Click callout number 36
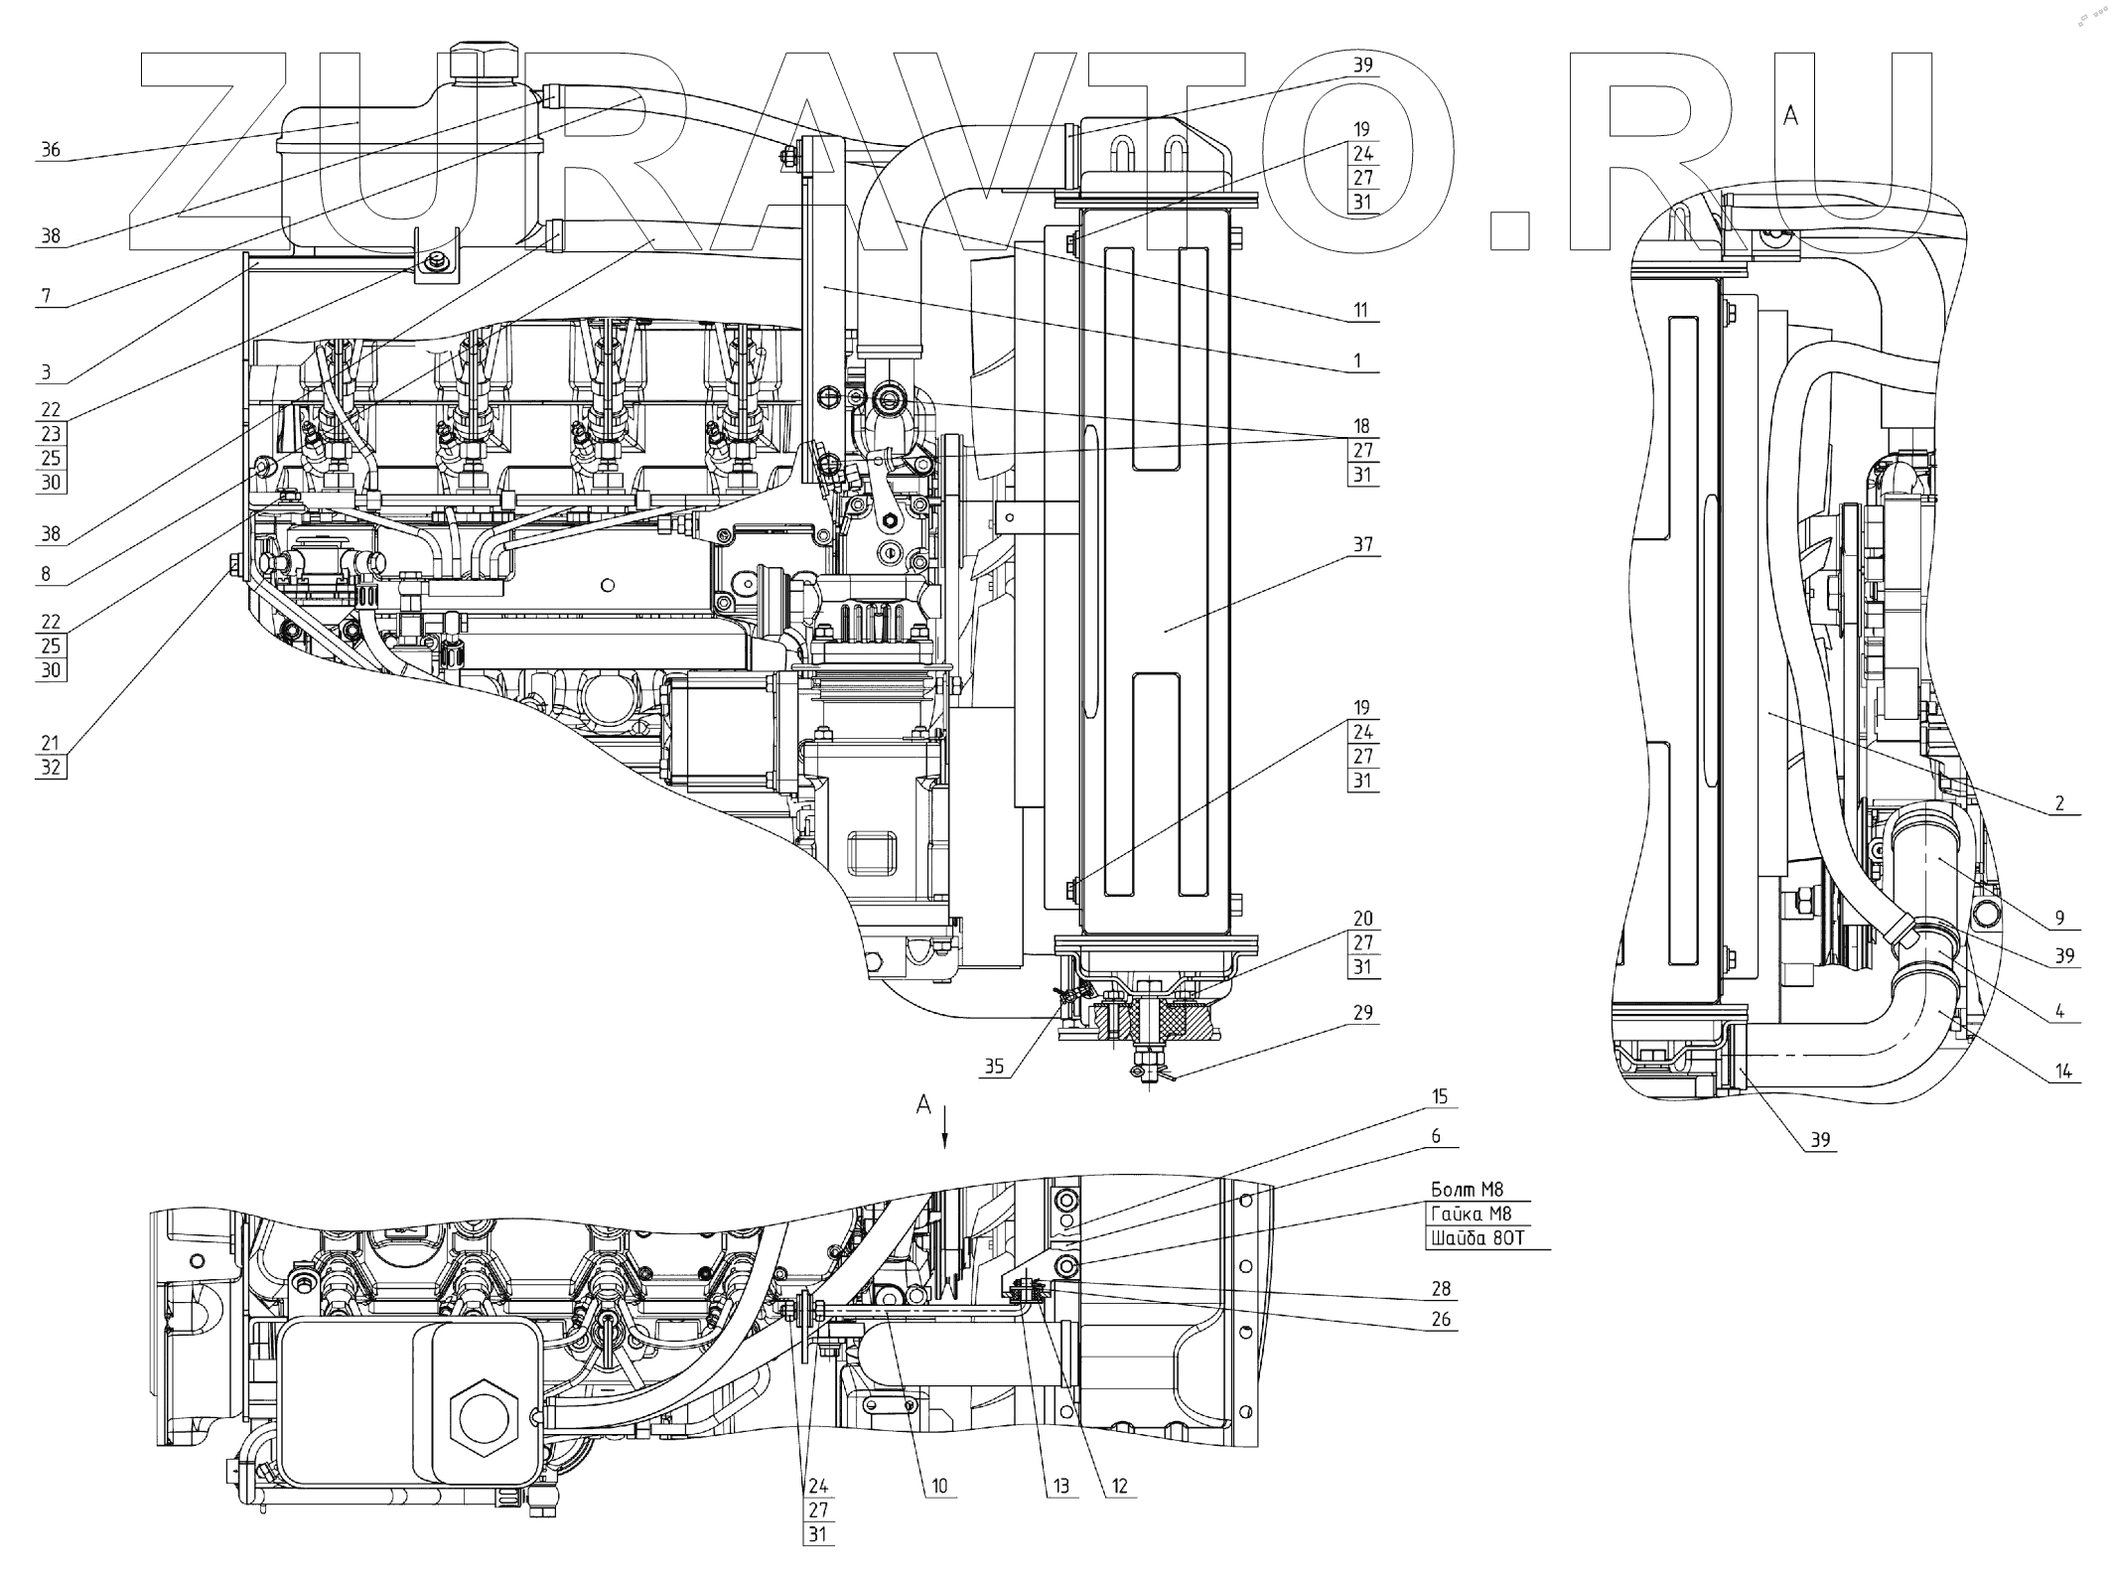50,150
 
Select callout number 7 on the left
46,296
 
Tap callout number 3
46,373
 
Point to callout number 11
1361,310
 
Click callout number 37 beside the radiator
1362,544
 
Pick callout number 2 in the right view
2059,803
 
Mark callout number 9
2059,918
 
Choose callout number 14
2063,1072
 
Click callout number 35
994,1068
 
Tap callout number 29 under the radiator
1362,1013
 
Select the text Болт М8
1467,1190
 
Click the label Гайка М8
1471,1214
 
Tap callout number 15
1440,1097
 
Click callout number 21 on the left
50,743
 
